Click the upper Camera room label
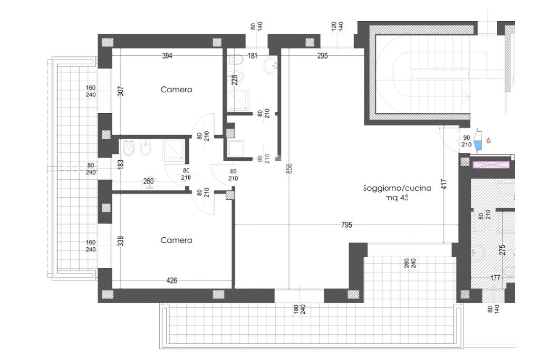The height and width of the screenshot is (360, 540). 176,90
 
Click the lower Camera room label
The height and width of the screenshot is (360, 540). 176,240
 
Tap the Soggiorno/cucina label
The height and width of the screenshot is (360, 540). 397,188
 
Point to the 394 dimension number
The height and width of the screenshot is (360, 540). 167,55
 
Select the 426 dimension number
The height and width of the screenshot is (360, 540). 172,280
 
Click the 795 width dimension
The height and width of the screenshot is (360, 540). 347,225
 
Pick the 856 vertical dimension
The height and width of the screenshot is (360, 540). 289,168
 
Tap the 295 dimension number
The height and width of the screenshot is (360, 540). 322,55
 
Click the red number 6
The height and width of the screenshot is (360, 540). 488,140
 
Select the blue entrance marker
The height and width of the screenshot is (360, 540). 477,146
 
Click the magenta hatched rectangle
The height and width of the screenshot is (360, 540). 491,165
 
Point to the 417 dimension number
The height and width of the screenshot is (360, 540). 444,184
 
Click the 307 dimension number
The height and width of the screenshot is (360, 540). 121,91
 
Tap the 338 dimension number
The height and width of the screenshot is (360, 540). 121,241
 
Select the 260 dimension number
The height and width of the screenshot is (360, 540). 148,181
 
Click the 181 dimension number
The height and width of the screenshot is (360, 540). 253,55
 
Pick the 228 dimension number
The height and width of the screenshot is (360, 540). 235,80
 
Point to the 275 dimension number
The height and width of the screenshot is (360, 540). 502,249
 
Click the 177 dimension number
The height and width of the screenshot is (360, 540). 495,278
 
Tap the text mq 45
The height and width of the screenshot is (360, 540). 397,198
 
